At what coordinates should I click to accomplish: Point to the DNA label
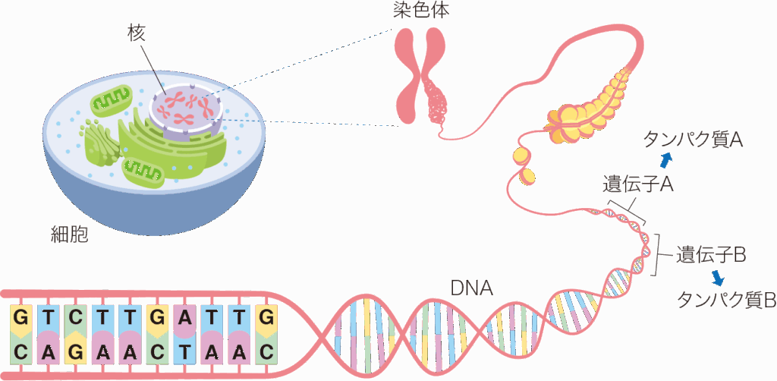pyautogui.click(x=472, y=288)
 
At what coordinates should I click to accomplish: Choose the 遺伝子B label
pyautogui.click(x=711, y=256)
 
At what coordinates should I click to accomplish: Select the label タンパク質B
pyautogui.click(x=726, y=300)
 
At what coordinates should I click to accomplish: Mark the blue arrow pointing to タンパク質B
pyautogui.click(x=716, y=279)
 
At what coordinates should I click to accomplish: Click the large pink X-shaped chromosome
pyautogui.click(x=421, y=75)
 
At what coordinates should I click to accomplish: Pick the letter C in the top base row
pyautogui.click(x=74, y=316)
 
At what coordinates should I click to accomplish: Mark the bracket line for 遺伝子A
pyautogui.click(x=627, y=213)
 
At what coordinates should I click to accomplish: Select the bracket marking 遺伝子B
pyautogui.click(x=659, y=254)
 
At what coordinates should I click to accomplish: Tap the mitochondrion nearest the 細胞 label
pyautogui.click(x=143, y=171)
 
